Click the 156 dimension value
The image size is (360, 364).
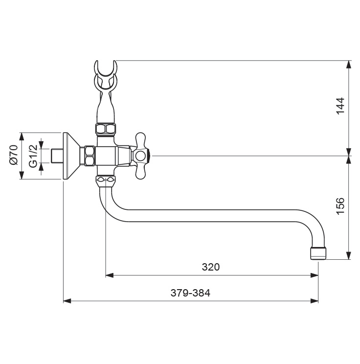pyautogui.click(x=340, y=206)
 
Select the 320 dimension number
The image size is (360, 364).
pyautogui.click(x=211, y=267)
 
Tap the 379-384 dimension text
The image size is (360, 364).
pyautogui.click(x=190, y=293)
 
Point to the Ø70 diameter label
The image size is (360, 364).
pyautogui.click(x=13, y=156)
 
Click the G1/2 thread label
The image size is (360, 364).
pyautogui.click(x=32, y=156)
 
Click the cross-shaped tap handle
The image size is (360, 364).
pyautogui.click(x=141, y=156)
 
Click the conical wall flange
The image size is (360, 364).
pyautogui.click(x=73, y=156)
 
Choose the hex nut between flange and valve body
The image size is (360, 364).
pyautogui.click(x=90, y=156)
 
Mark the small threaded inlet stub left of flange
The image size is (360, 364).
pyautogui.click(x=58, y=156)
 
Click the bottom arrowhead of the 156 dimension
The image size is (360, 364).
pyautogui.click(x=348, y=256)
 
